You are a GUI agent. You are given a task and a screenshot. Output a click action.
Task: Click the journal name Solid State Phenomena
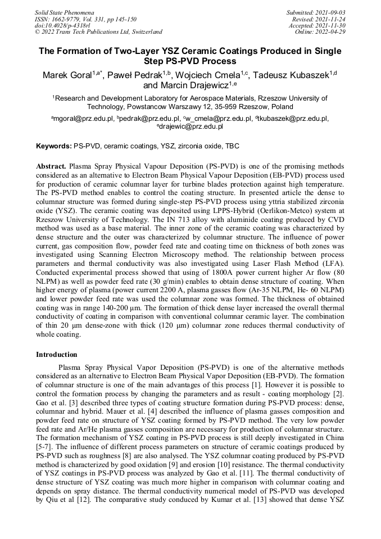(64, 12)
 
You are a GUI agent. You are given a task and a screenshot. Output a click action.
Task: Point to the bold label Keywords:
(54, 146)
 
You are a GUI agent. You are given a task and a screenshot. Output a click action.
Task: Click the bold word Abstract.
(52, 167)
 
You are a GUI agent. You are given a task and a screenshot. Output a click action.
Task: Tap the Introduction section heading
(57, 355)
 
